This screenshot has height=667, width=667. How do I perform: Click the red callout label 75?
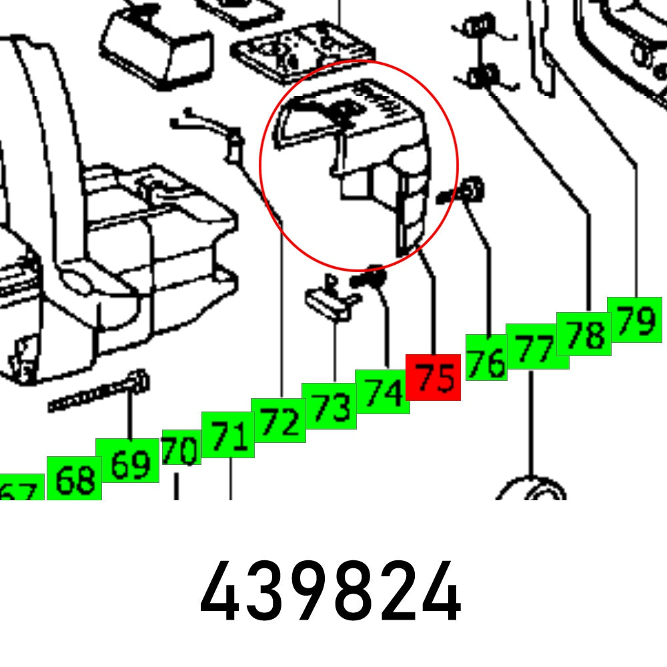(x=434, y=378)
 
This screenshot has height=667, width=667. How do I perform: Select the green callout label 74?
(x=382, y=392)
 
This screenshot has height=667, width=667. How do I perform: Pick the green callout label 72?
(x=278, y=420)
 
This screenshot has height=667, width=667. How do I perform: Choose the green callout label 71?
(x=227, y=435)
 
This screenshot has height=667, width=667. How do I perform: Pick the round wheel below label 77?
(x=532, y=490)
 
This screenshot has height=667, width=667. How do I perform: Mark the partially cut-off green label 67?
(x=19, y=492)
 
